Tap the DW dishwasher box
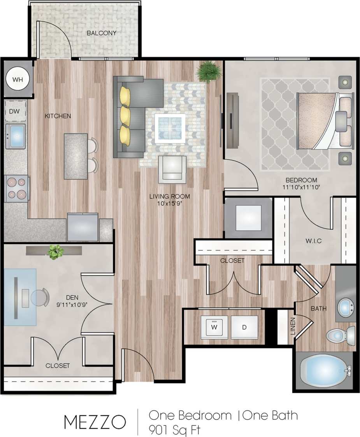pos(15,111)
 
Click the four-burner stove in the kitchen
pos(17,189)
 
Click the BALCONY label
pos(101,33)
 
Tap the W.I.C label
pos(313,241)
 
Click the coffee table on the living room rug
pos(170,127)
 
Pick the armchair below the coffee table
pos(172,169)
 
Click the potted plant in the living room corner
pos(207,71)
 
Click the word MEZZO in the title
pos(95,422)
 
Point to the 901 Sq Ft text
pos(175,430)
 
